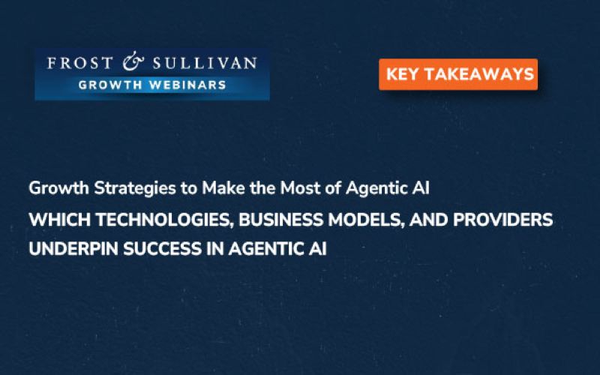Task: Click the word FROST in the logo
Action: [80, 63]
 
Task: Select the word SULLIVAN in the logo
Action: [205, 63]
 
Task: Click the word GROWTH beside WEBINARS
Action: [110, 85]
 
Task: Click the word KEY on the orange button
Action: [402, 74]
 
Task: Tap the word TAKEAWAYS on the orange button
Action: [478, 74]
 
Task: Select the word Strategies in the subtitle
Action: [135, 189]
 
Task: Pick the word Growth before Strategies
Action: [59, 188]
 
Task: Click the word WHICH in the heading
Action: [59, 220]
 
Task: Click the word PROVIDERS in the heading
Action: [502, 220]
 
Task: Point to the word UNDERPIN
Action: [73, 249]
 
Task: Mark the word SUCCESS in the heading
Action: [162, 249]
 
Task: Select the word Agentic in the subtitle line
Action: [373, 189]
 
